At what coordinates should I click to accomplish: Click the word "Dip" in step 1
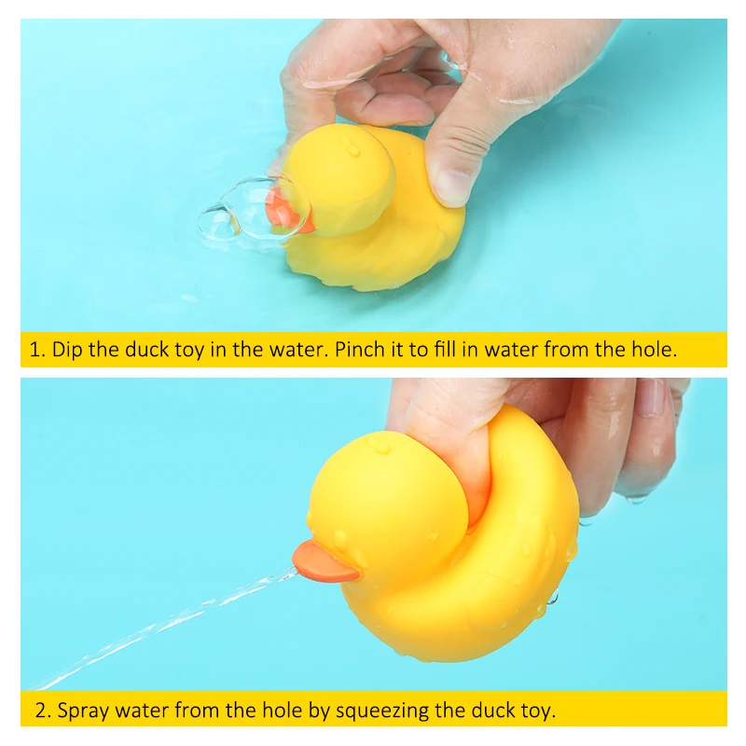tap(67, 351)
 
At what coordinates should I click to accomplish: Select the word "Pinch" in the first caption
tap(361, 351)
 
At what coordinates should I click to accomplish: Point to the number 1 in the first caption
tap(35, 351)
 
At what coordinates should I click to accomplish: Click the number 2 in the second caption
tap(40, 711)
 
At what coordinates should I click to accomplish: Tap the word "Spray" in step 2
tap(82, 711)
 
